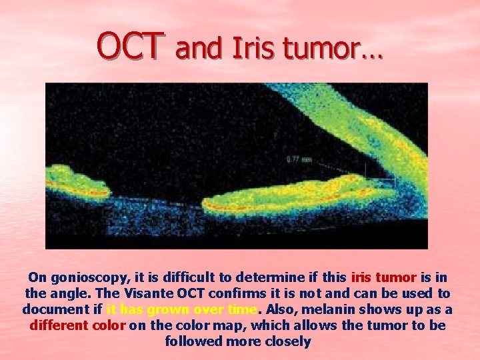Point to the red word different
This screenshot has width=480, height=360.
pos(58,325)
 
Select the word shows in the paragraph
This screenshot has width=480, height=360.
pos(383,309)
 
